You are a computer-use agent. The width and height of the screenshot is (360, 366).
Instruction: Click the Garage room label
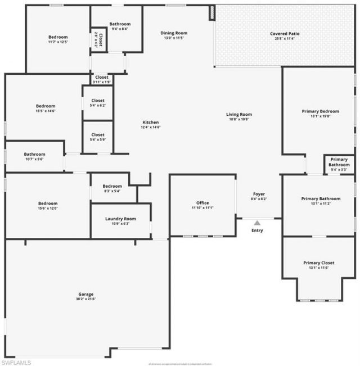coord(85,294)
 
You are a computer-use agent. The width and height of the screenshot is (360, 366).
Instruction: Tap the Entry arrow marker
coord(257,223)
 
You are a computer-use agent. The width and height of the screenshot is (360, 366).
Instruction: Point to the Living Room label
coord(239,114)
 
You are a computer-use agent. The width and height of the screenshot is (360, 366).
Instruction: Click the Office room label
coord(202,202)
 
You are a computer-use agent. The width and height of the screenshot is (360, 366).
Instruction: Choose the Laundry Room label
coord(120,218)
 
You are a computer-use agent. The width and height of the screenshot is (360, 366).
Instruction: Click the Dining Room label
coord(174,33)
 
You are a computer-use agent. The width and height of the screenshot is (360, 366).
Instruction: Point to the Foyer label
coord(259,194)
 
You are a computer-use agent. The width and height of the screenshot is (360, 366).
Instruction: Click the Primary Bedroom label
coord(321,111)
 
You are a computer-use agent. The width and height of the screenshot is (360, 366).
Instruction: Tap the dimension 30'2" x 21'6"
coord(85,299)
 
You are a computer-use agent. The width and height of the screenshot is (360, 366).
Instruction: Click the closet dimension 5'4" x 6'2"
coord(98,105)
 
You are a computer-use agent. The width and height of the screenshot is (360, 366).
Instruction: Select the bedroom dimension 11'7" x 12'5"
coord(58,42)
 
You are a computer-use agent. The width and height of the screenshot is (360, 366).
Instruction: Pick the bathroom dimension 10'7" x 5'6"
coord(34,159)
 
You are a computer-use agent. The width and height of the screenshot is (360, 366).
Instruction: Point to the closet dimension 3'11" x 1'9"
coord(102,82)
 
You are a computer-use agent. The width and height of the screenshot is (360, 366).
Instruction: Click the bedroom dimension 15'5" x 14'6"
coord(46,111)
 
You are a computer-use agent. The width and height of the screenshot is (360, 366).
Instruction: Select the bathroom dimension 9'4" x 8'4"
coord(120,29)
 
